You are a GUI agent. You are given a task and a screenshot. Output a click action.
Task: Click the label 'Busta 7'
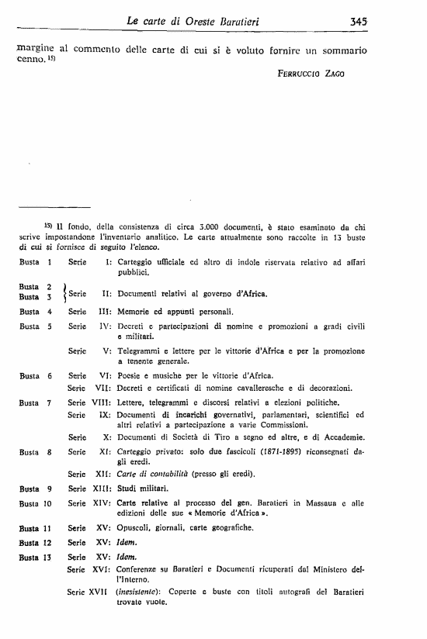tap(35, 402)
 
